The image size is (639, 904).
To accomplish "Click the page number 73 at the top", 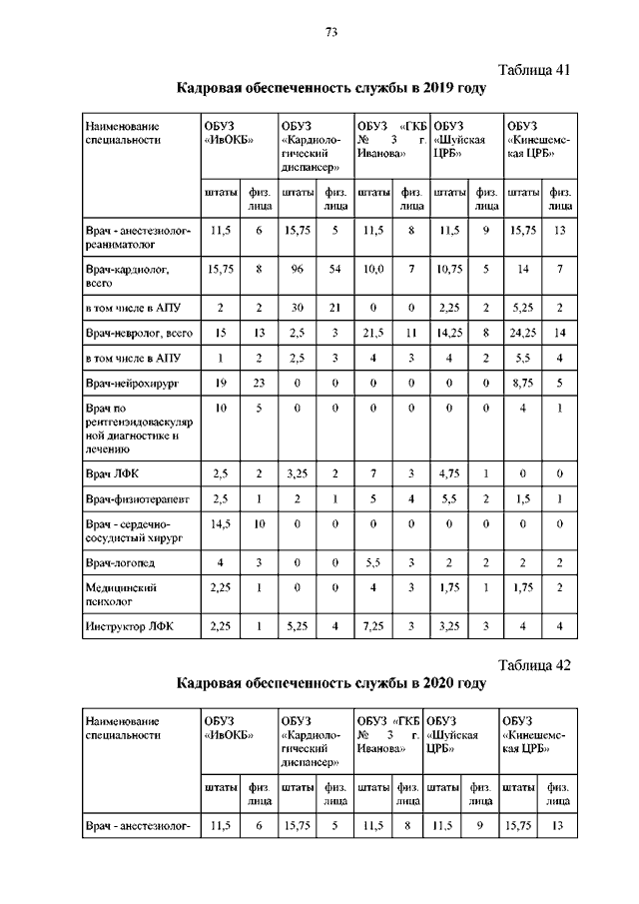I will (330, 33).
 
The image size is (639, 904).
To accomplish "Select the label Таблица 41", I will (533, 69).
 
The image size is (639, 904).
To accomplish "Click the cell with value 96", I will (297, 269).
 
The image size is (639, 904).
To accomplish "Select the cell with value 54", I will (334, 269).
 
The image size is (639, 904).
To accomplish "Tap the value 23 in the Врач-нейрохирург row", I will (258, 382).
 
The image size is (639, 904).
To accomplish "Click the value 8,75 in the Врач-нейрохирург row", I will (522, 382).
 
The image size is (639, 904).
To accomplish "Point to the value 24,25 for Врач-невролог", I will (522, 330).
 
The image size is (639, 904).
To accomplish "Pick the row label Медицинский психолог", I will (123, 594).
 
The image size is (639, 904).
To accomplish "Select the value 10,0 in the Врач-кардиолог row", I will (372, 269).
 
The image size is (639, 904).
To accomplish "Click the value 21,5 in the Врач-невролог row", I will (372, 330).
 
